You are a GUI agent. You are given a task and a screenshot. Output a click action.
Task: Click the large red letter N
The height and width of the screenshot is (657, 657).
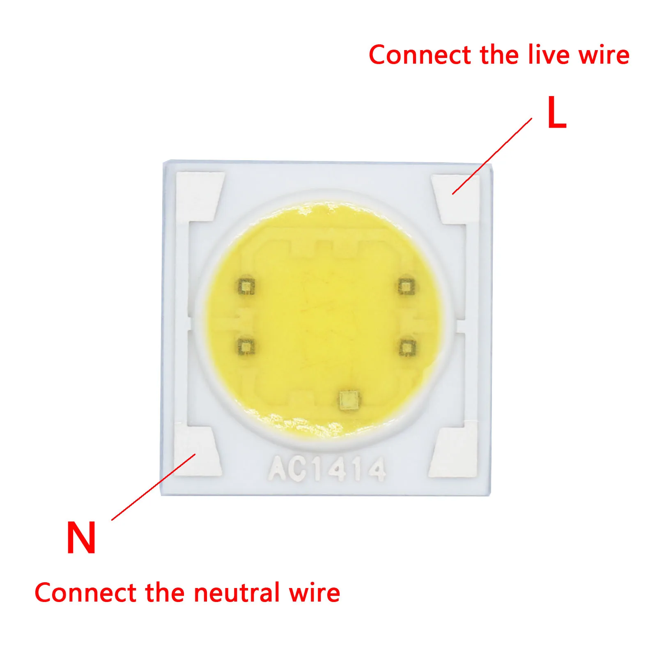click(x=81, y=538)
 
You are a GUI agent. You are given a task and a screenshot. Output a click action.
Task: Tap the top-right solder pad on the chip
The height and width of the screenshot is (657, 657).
click(x=456, y=199)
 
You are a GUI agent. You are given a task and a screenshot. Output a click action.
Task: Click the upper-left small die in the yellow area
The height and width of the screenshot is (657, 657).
click(x=246, y=286)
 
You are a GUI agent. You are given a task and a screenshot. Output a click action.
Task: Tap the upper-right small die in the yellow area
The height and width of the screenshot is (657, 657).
click(x=406, y=286)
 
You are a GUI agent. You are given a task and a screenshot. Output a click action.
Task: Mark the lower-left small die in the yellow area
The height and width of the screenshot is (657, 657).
click(x=246, y=347)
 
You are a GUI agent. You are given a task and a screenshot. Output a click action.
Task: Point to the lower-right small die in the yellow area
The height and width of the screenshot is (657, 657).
click(x=407, y=348)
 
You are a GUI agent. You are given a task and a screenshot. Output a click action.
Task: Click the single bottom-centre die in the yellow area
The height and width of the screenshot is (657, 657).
click(x=349, y=400)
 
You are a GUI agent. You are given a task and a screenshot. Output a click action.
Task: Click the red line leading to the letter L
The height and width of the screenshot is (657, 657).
click(x=492, y=156)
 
